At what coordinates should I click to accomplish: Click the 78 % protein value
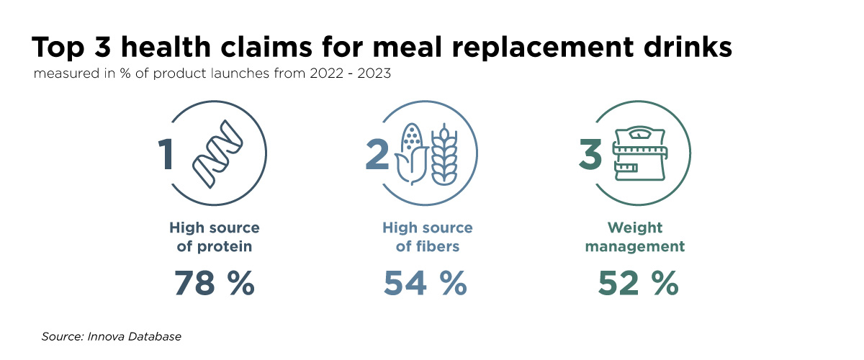[x=215, y=284]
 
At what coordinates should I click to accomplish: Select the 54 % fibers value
[x=426, y=284]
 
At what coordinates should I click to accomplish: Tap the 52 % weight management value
[x=638, y=284]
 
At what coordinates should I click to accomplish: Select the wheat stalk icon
[x=444, y=155]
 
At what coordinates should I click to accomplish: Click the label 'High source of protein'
[x=215, y=237]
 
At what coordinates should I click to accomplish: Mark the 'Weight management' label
[x=634, y=237]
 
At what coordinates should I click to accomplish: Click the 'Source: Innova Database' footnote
[x=112, y=336]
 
